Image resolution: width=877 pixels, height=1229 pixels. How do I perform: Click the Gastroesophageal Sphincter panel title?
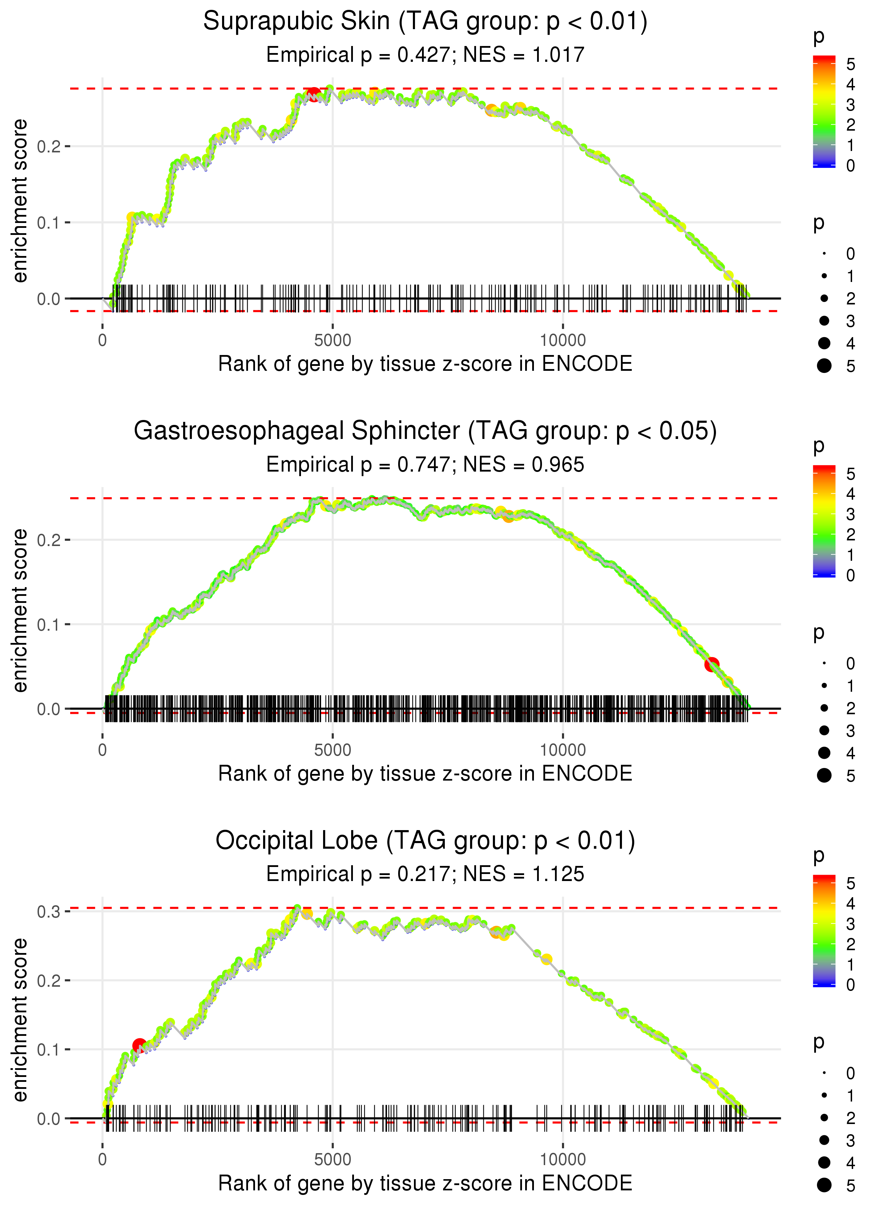425,431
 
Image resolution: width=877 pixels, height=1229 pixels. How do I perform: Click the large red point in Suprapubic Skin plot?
313,94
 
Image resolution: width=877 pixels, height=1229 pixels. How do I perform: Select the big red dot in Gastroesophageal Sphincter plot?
712,664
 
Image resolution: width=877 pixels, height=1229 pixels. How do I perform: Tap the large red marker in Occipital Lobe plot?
139,1046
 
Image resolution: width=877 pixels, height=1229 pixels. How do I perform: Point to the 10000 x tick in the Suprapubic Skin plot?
563,341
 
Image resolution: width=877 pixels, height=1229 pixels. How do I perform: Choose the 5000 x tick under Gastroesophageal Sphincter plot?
333,750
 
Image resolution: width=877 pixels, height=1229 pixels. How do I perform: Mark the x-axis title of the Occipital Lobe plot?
425,1183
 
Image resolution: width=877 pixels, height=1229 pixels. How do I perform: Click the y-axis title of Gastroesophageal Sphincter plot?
20,610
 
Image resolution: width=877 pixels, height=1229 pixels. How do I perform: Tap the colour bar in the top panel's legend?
824,111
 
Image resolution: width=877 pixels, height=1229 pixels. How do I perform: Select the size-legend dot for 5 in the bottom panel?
824,1185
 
